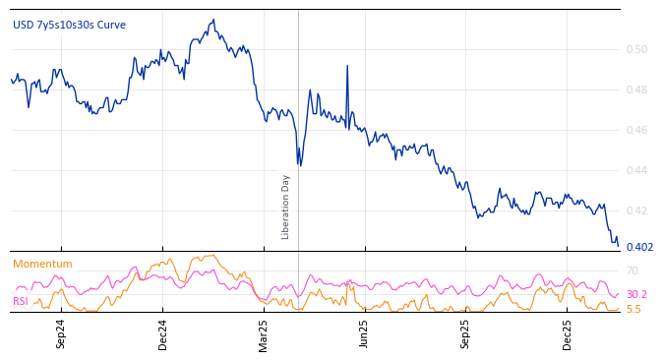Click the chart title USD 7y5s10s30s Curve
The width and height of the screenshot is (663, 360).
[69, 25]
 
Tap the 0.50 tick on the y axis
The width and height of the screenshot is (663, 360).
[637, 49]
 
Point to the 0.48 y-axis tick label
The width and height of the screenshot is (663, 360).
[637, 90]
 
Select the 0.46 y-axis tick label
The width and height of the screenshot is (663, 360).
[637, 130]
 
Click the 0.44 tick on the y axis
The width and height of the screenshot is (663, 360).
[637, 170]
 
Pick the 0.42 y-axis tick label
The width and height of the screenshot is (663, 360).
[637, 210]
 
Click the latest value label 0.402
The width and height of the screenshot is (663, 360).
[639, 247]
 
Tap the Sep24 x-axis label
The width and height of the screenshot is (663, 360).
[61, 333]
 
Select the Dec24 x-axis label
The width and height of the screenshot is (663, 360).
[162, 333]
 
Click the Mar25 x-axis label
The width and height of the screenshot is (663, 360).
[264, 333]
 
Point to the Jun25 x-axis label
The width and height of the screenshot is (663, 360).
[364, 333]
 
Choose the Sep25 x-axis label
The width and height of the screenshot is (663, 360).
[465, 333]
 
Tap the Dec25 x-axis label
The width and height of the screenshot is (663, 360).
[567, 333]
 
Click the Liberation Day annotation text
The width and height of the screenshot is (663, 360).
[286, 207]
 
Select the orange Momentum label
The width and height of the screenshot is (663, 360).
[42, 264]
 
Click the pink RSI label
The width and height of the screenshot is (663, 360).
[21, 301]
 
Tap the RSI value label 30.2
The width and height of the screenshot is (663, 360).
[636, 294]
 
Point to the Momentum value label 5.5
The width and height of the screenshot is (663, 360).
[633, 309]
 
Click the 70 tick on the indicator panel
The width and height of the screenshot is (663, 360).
[633, 270]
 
